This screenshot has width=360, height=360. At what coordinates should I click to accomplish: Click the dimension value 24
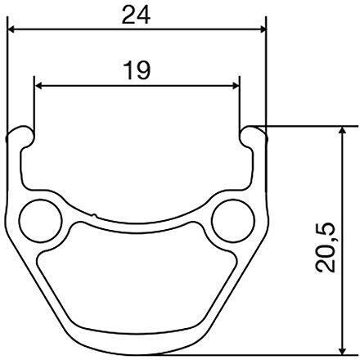coord(137,14)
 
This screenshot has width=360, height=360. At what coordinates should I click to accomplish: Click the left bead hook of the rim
coord(22,135)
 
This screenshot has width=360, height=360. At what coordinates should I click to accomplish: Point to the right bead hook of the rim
coord(251,135)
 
